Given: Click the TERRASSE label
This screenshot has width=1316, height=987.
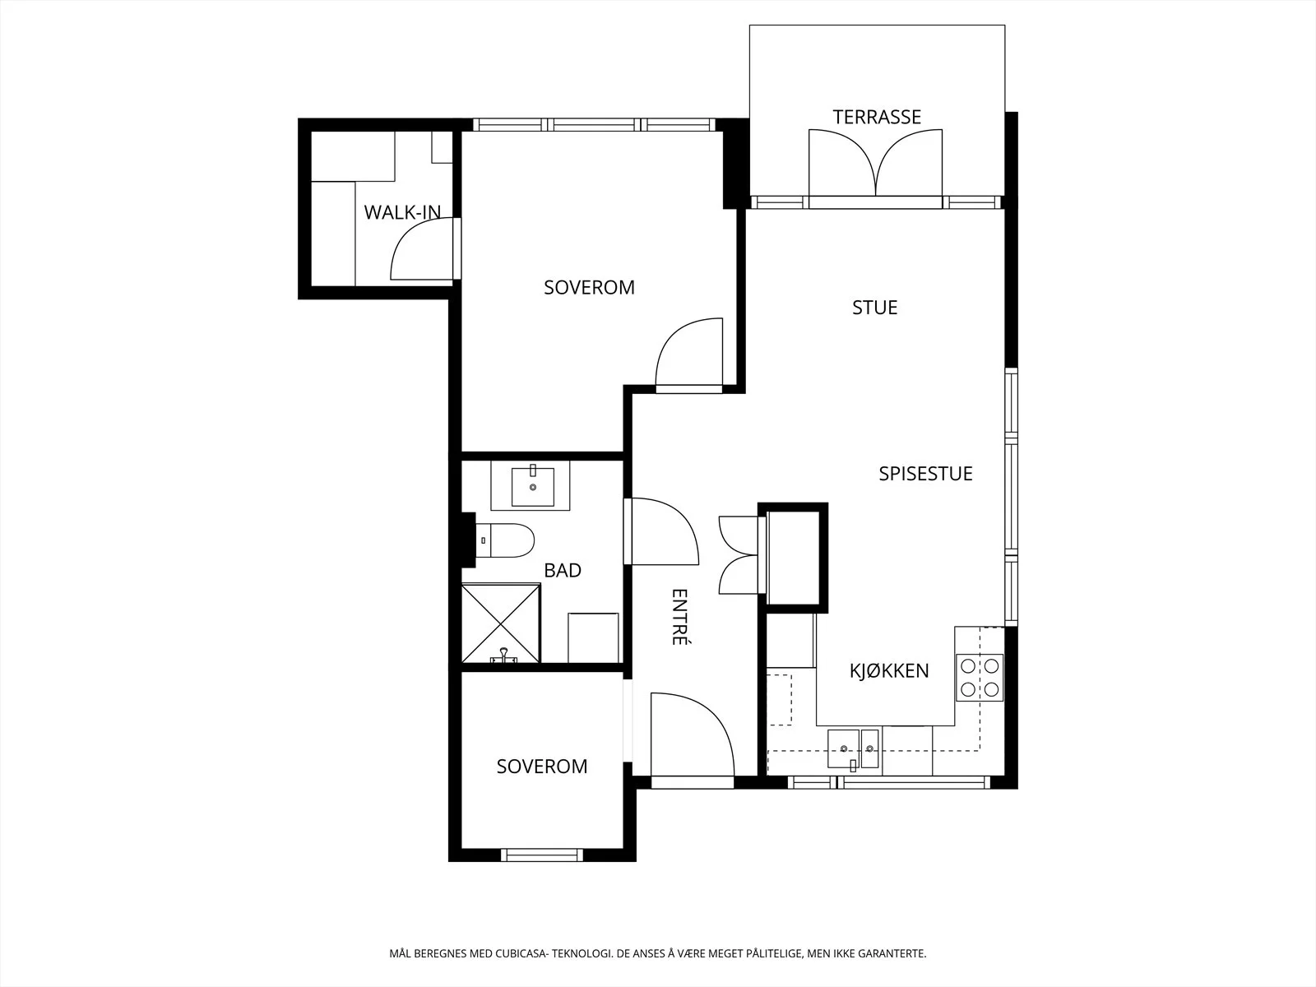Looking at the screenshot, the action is pyautogui.click(x=877, y=117).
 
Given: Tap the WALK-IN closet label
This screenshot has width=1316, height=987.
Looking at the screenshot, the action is pyautogui.click(x=402, y=212).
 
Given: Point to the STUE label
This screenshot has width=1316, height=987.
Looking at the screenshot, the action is pyautogui.click(x=875, y=308).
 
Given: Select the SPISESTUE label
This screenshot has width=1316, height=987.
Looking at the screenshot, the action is pyautogui.click(x=925, y=474).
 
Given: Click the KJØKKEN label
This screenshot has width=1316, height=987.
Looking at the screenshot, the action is pyautogui.click(x=889, y=670).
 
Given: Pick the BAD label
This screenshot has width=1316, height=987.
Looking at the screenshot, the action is pyautogui.click(x=563, y=571).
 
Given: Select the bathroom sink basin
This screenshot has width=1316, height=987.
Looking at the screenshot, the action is pyautogui.click(x=532, y=486).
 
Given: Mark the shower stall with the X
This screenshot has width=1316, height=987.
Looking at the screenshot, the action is pyautogui.click(x=501, y=623).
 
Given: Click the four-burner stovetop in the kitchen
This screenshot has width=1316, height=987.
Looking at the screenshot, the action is pyautogui.click(x=980, y=677).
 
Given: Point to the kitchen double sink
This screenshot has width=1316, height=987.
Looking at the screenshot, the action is pyautogui.click(x=853, y=748).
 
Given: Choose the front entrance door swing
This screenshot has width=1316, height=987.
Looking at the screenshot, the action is pyautogui.click(x=693, y=734).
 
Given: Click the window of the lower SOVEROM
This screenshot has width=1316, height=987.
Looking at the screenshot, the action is pyautogui.click(x=542, y=855).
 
